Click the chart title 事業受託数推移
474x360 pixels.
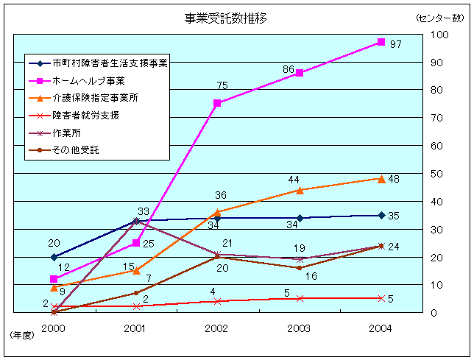(x=226, y=18)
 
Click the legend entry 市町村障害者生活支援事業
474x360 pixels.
(x=110, y=63)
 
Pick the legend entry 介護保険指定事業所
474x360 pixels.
(x=95, y=98)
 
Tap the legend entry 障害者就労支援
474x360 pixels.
(x=85, y=116)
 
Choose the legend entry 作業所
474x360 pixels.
(x=67, y=133)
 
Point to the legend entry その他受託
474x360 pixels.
(x=75, y=150)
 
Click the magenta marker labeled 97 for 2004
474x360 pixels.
(x=381, y=42)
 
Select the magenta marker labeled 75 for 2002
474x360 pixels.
(x=217, y=103)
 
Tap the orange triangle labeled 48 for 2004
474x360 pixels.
(x=381, y=178)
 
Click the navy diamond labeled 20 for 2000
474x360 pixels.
(x=54, y=257)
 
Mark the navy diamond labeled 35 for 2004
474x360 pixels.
(x=381, y=215)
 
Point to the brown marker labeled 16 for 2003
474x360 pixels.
(x=300, y=268)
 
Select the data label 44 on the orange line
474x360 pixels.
(x=294, y=180)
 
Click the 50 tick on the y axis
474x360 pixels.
(x=437, y=174)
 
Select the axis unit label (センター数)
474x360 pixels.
(x=439, y=17)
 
